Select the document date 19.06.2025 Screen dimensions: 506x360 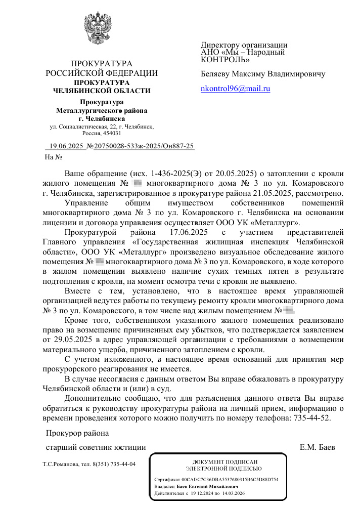point(66,146)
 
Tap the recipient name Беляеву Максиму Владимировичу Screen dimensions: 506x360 point(263,74)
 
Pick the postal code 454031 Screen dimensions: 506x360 point(111,134)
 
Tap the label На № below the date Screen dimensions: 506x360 point(53,157)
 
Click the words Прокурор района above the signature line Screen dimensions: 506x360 point(76,434)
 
